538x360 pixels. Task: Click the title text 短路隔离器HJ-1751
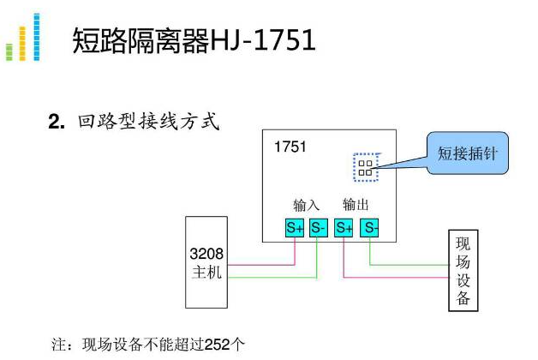pos(194,40)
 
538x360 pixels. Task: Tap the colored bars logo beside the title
pos(23,39)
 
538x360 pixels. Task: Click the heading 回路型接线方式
pos(149,122)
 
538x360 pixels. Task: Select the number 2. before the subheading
pos(57,123)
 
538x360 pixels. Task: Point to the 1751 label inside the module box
pos(290,147)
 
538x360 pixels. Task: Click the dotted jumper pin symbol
pos(366,166)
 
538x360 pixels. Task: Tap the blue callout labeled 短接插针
pos(467,154)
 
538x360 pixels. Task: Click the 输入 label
pos(306,206)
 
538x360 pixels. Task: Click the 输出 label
pos(356,206)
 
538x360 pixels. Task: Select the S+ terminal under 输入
pos(295,228)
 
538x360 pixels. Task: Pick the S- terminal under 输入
pos(318,228)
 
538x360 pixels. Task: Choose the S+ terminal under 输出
pos(344,228)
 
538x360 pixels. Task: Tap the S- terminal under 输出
pos(369,228)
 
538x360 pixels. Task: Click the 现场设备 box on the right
pos(463,269)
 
